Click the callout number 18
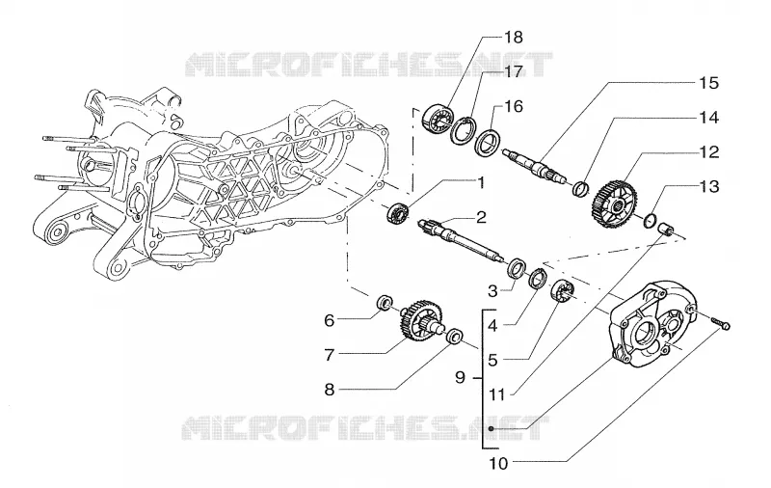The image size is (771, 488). (x=514, y=38)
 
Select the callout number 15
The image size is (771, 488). (x=709, y=83)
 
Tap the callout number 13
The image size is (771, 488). (x=709, y=186)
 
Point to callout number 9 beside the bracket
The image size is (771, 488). (x=461, y=377)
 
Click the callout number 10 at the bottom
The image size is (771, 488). (x=498, y=463)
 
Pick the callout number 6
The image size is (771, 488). (x=329, y=321)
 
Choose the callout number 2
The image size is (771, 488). (x=480, y=217)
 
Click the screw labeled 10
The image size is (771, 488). (x=720, y=323)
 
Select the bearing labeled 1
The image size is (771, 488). (x=398, y=214)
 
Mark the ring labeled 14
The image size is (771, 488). (x=581, y=188)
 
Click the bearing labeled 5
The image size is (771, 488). (x=562, y=289)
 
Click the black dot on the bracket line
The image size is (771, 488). (x=491, y=429)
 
